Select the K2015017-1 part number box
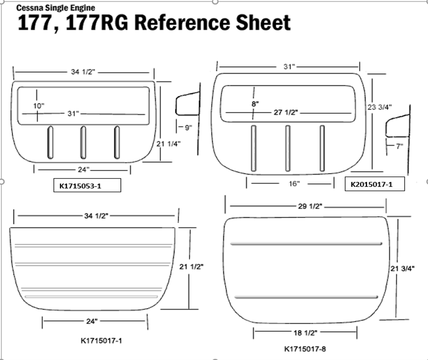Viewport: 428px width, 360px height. pyautogui.click(x=375, y=184)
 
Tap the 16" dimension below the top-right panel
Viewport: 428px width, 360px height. pyautogui.click(x=294, y=184)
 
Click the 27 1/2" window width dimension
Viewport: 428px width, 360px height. pyautogui.click(x=286, y=112)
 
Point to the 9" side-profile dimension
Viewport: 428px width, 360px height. pyautogui.click(x=188, y=128)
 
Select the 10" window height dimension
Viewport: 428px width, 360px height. pyautogui.click(x=38, y=106)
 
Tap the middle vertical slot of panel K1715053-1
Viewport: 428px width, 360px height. pyautogui.click(x=83, y=143)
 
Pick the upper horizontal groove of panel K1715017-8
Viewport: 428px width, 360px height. pyautogui.click(x=305, y=244)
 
